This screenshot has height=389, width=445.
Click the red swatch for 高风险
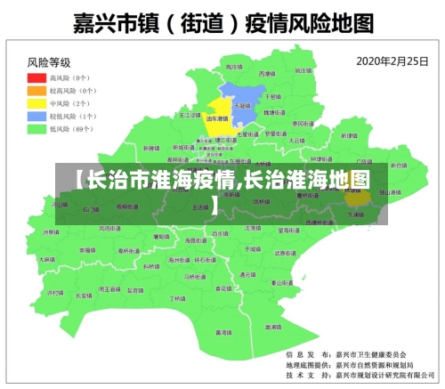click(36, 77)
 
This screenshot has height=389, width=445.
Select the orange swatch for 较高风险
click(36, 90)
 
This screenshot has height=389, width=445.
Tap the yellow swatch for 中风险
click(36, 103)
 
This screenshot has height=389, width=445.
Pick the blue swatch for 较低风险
click(36, 116)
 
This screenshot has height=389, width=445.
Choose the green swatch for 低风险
click(36, 129)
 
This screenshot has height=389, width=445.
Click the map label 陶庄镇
click(233, 68)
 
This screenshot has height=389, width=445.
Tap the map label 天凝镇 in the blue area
click(240, 104)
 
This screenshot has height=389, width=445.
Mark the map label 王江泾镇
click(190, 115)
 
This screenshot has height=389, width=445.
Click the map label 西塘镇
click(267, 73)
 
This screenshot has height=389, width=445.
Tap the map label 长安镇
click(85, 295)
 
